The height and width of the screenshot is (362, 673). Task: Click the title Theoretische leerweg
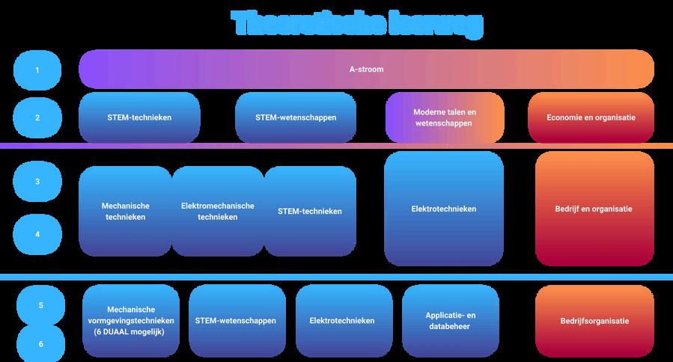click(357, 24)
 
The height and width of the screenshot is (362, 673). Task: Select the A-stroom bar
click(366, 70)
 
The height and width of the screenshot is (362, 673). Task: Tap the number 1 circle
click(37, 70)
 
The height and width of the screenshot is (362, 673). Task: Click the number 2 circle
click(37, 117)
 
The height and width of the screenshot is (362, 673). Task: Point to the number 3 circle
click(37, 181)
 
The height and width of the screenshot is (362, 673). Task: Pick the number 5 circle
click(40, 305)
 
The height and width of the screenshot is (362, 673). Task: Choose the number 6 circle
click(40, 343)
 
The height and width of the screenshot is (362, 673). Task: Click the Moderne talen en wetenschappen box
click(445, 117)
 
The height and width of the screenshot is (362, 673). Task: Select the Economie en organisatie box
click(591, 117)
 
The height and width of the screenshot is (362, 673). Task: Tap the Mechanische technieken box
click(125, 211)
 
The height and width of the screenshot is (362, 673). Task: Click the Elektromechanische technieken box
click(217, 211)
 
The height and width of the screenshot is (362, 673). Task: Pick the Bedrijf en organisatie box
click(594, 209)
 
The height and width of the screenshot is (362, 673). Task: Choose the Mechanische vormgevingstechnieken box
click(131, 320)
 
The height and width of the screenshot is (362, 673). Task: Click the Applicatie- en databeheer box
click(451, 320)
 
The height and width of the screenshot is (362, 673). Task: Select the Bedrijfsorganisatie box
click(594, 320)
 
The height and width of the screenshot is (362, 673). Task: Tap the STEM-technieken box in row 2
click(139, 117)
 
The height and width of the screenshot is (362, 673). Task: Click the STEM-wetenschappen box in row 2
click(295, 117)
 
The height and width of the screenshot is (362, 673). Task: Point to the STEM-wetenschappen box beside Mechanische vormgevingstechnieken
click(235, 320)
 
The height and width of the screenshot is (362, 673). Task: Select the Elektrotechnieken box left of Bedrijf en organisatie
click(443, 209)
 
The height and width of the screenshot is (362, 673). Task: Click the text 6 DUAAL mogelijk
click(131, 331)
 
